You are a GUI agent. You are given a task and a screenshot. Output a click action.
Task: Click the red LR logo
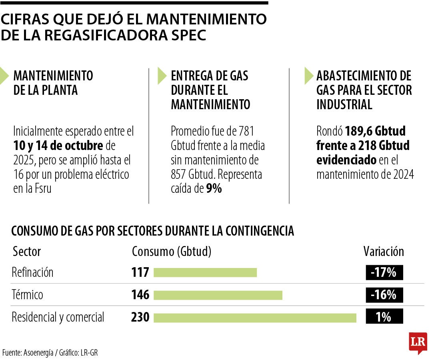pyautogui.click(x=418, y=342)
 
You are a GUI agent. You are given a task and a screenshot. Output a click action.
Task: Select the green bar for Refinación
pyautogui.click(x=205, y=273)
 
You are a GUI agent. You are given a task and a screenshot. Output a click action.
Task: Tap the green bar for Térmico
pyautogui.click(x=218, y=295)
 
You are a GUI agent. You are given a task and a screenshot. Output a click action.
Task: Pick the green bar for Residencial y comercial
pyautogui.click(x=255, y=318)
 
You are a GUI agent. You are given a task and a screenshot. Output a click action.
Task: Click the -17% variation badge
pyautogui.click(x=384, y=273)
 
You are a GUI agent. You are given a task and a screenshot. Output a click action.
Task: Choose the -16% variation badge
pyautogui.click(x=384, y=295)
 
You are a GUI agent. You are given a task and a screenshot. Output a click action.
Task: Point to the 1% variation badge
pyautogui.click(x=384, y=318)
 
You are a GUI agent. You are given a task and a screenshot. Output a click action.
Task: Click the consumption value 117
pyautogui.click(x=140, y=273)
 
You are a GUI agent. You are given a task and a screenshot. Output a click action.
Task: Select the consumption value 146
pyautogui.click(x=140, y=295)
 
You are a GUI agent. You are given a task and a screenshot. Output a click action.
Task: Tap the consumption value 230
pyautogui.click(x=140, y=318)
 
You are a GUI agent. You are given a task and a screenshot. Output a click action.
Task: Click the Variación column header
pyautogui.click(x=384, y=252)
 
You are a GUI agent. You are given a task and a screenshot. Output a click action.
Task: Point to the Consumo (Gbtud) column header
pyautogui.click(x=172, y=252)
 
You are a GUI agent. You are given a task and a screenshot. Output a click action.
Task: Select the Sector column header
pyautogui.click(x=27, y=252)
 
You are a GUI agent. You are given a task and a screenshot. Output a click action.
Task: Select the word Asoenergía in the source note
pyautogui.click(x=40, y=353)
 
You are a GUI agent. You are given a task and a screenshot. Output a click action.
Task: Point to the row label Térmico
pyautogui.click(x=27, y=295)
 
